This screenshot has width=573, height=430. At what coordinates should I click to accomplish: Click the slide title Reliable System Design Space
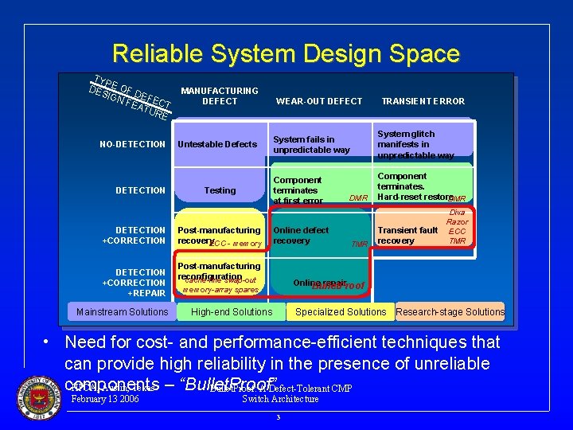click(286, 54)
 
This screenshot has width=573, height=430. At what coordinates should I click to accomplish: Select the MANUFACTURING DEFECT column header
click(220, 96)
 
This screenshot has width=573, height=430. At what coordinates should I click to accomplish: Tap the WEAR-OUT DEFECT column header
click(318, 101)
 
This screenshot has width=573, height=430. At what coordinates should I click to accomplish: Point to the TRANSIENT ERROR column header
click(423, 101)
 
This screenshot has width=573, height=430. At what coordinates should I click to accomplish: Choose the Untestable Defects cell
click(217, 144)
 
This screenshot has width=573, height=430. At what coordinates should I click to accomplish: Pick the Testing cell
click(220, 190)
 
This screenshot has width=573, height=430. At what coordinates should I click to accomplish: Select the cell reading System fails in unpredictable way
click(311, 144)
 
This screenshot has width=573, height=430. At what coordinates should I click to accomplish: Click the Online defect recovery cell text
click(301, 236)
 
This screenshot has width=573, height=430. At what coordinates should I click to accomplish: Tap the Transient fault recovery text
click(407, 236)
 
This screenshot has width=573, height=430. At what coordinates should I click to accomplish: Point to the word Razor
click(457, 222)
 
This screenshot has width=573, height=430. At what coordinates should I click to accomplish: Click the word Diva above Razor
click(458, 213)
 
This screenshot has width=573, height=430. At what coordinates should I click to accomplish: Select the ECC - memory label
click(236, 244)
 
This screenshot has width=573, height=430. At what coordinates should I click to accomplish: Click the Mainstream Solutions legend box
click(122, 312)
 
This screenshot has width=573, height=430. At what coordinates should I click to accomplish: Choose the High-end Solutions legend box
click(232, 312)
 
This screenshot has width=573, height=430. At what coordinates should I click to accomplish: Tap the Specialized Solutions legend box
click(341, 312)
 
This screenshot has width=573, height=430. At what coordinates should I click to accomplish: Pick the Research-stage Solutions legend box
click(450, 312)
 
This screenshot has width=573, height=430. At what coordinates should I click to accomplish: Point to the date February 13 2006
click(105, 399)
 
